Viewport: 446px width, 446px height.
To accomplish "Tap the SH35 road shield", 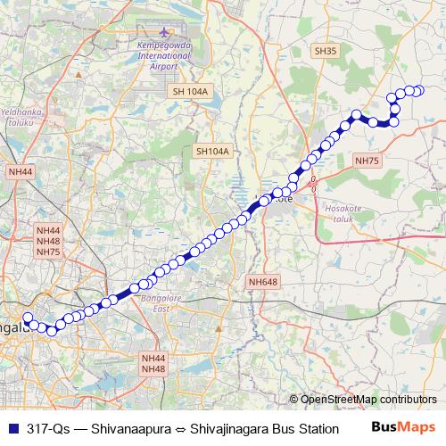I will pyautogui.click(x=325, y=53).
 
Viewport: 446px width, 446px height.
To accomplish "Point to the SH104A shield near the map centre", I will pyautogui.click(x=212, y=152).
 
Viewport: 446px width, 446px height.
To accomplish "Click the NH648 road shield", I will pyautogui.click(x=263, y=282).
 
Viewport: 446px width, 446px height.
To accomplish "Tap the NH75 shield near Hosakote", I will pyautogui.click(x=367, y=161).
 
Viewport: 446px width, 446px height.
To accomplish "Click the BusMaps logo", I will pyautogui.click(x=404, y=426).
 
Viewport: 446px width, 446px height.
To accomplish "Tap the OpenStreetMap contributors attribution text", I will pyautogui.click(x=368, y=400).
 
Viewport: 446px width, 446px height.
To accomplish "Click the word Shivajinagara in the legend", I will pyautogui.click(x=235, y=426).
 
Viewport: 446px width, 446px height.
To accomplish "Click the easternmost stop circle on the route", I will pyautogui.click(x=419, y=90).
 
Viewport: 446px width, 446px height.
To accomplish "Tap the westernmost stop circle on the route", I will pyautogui.click(x=27, y=318).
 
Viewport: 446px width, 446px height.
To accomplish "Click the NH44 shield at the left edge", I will pyautogui.click(x=20, y=170).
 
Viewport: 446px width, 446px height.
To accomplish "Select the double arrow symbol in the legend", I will pyautogui.click(x=183, y=426).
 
